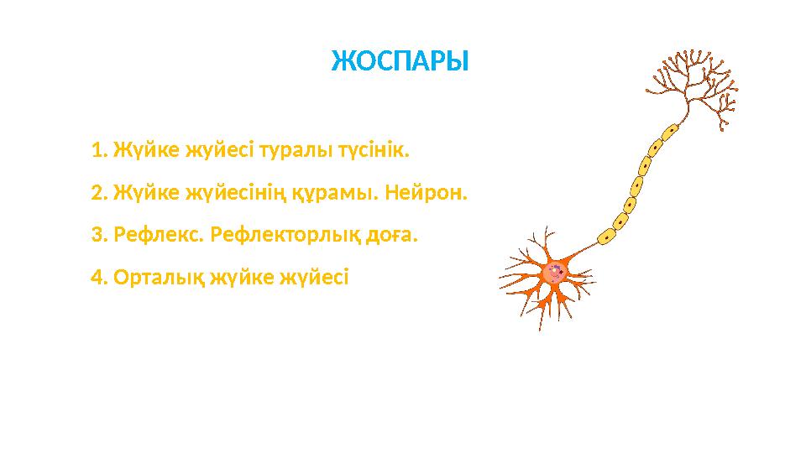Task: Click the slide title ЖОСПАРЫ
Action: pyautogui.click(x=400, y=61)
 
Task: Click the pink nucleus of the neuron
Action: pyautogui.click(x=553, y=271)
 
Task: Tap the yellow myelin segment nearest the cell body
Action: pyautogui.click(x=605, y=237)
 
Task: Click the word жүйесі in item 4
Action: pyautogui.click(x=318, y=277)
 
